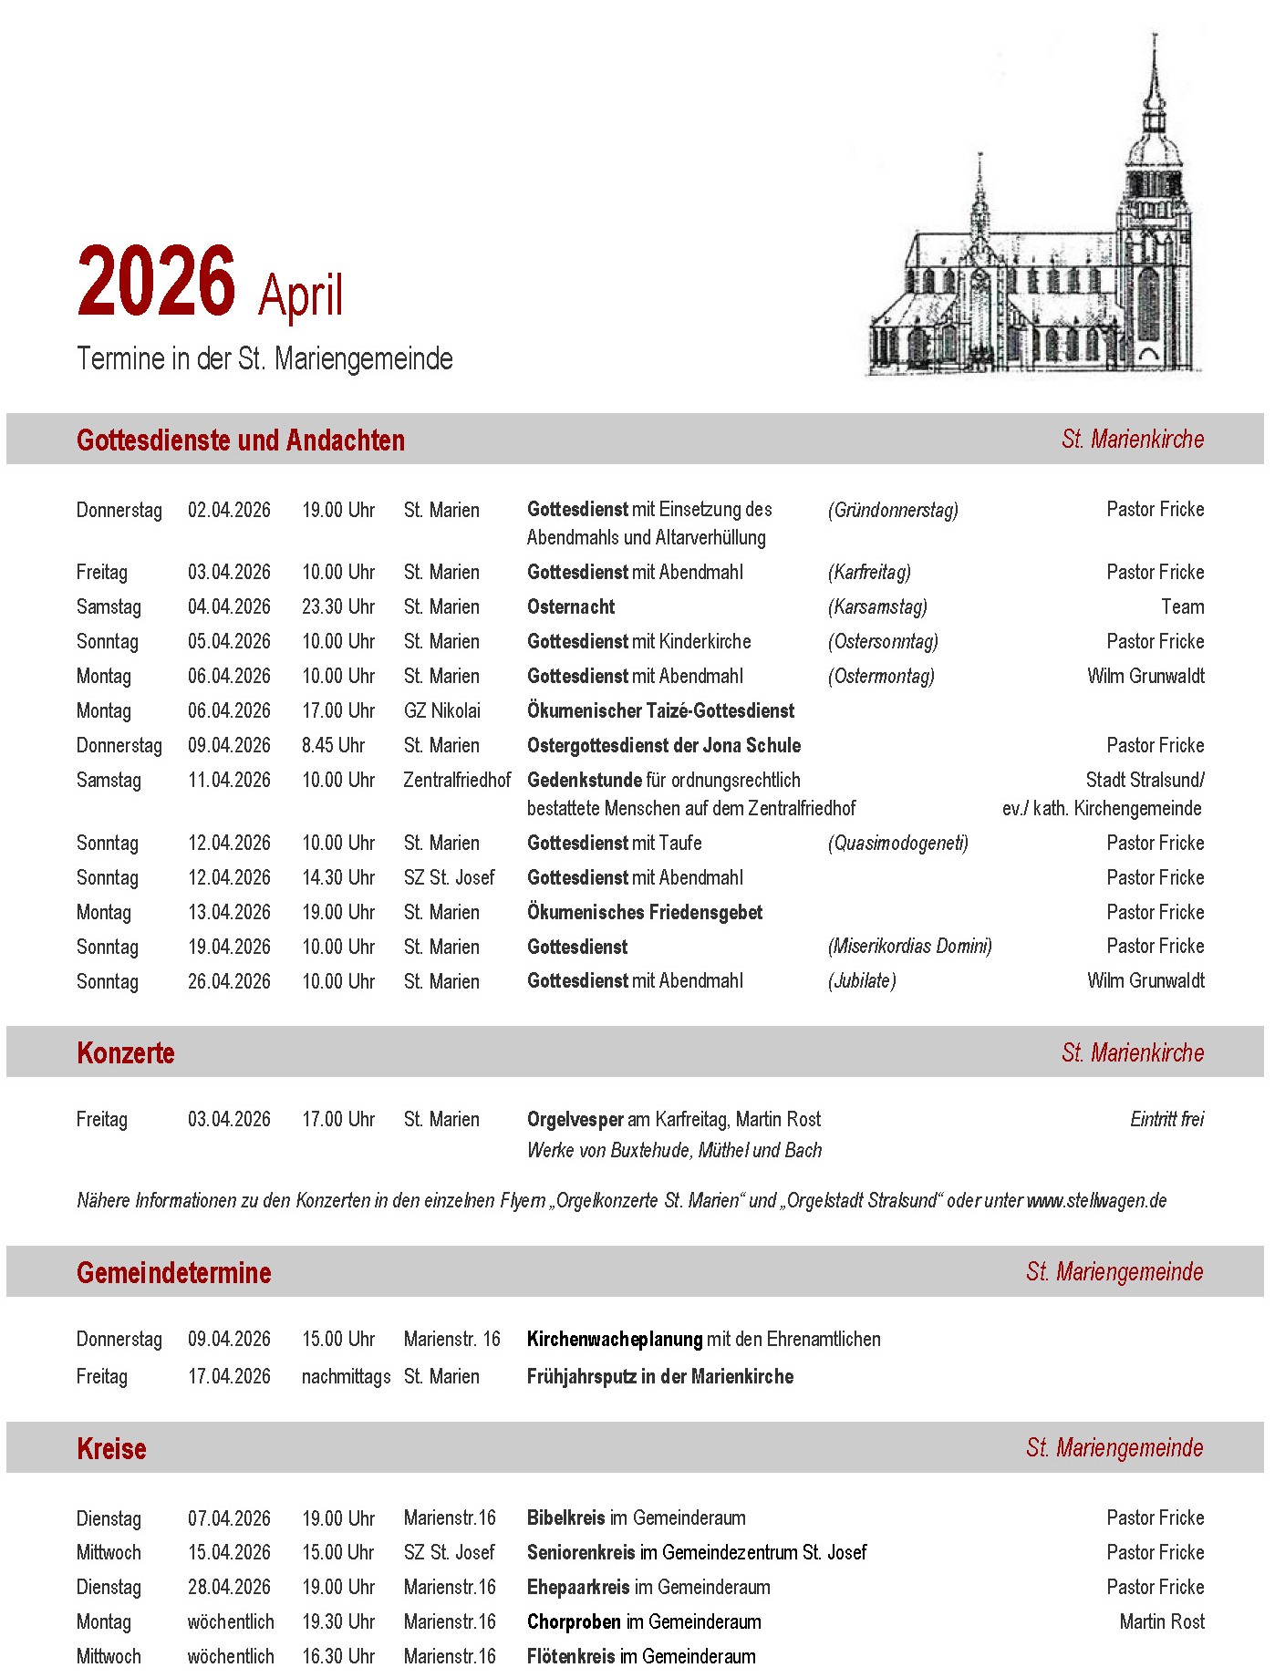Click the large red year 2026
pyautogui.click(x=156, y=282)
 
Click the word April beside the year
pyautogui.click(x=300, y=295)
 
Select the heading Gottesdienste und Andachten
pyautogui.click(x=241, y=440)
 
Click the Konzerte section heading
pyautogui.click(x=126, y=1053)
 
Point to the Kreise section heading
pyautogui.click(x=111, y=1449)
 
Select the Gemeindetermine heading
pyautogui.click(x=173, y=1273)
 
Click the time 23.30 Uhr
pyautogui.click(x=338, y=607)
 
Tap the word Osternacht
pyautogui.click(x=571, y=607)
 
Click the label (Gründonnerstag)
pyautogui.click(x=893, y=511)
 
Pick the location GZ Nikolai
pyautogui.click(x=442, y=711)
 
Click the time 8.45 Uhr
pyautogui.click(x=333, y=746)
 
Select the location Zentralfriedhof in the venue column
pyautogui.click(x=457, y=781)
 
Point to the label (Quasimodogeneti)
pyautogui.click(x=898, y=844)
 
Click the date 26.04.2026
pyautogui.click(x=229, y=982)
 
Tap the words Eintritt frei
pyautogui.click(x=1166, y=1120)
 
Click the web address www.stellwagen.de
pyautogui.click(x=1096, y=1201)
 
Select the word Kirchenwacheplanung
pyautogui.click(x=615, y=1340)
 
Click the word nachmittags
pyautogui.click(x=346, y=1377)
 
